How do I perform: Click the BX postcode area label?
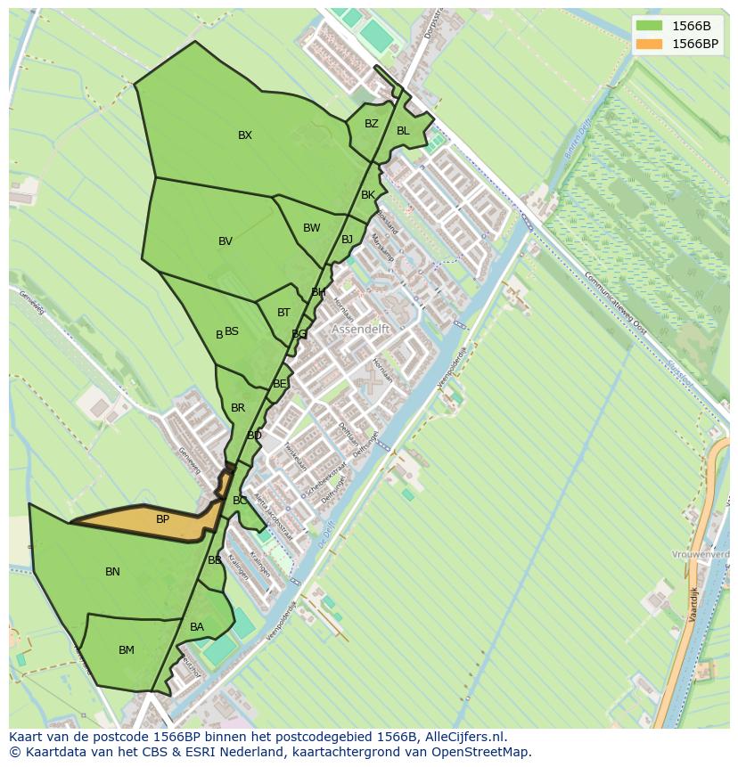point(245,135)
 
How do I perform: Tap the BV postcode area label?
point(225,241)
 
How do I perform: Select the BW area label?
point(311,228)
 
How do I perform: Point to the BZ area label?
point(372,124)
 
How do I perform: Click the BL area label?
point(403,131)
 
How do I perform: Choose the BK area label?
point(368,195)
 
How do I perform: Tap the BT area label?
point(283,313)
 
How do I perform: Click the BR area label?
point(238,408)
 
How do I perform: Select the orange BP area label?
point(162,519)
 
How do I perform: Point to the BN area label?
point(112,572)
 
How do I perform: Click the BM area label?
point(127,650)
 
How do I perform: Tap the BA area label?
point(197,627)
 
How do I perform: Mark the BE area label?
point(280,384)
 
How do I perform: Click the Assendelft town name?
point(361,329)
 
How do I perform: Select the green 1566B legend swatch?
point(649,25)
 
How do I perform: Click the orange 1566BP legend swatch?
point(649,43)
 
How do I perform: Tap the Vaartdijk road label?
point(693,605)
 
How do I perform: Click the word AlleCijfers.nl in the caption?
point(463,737)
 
